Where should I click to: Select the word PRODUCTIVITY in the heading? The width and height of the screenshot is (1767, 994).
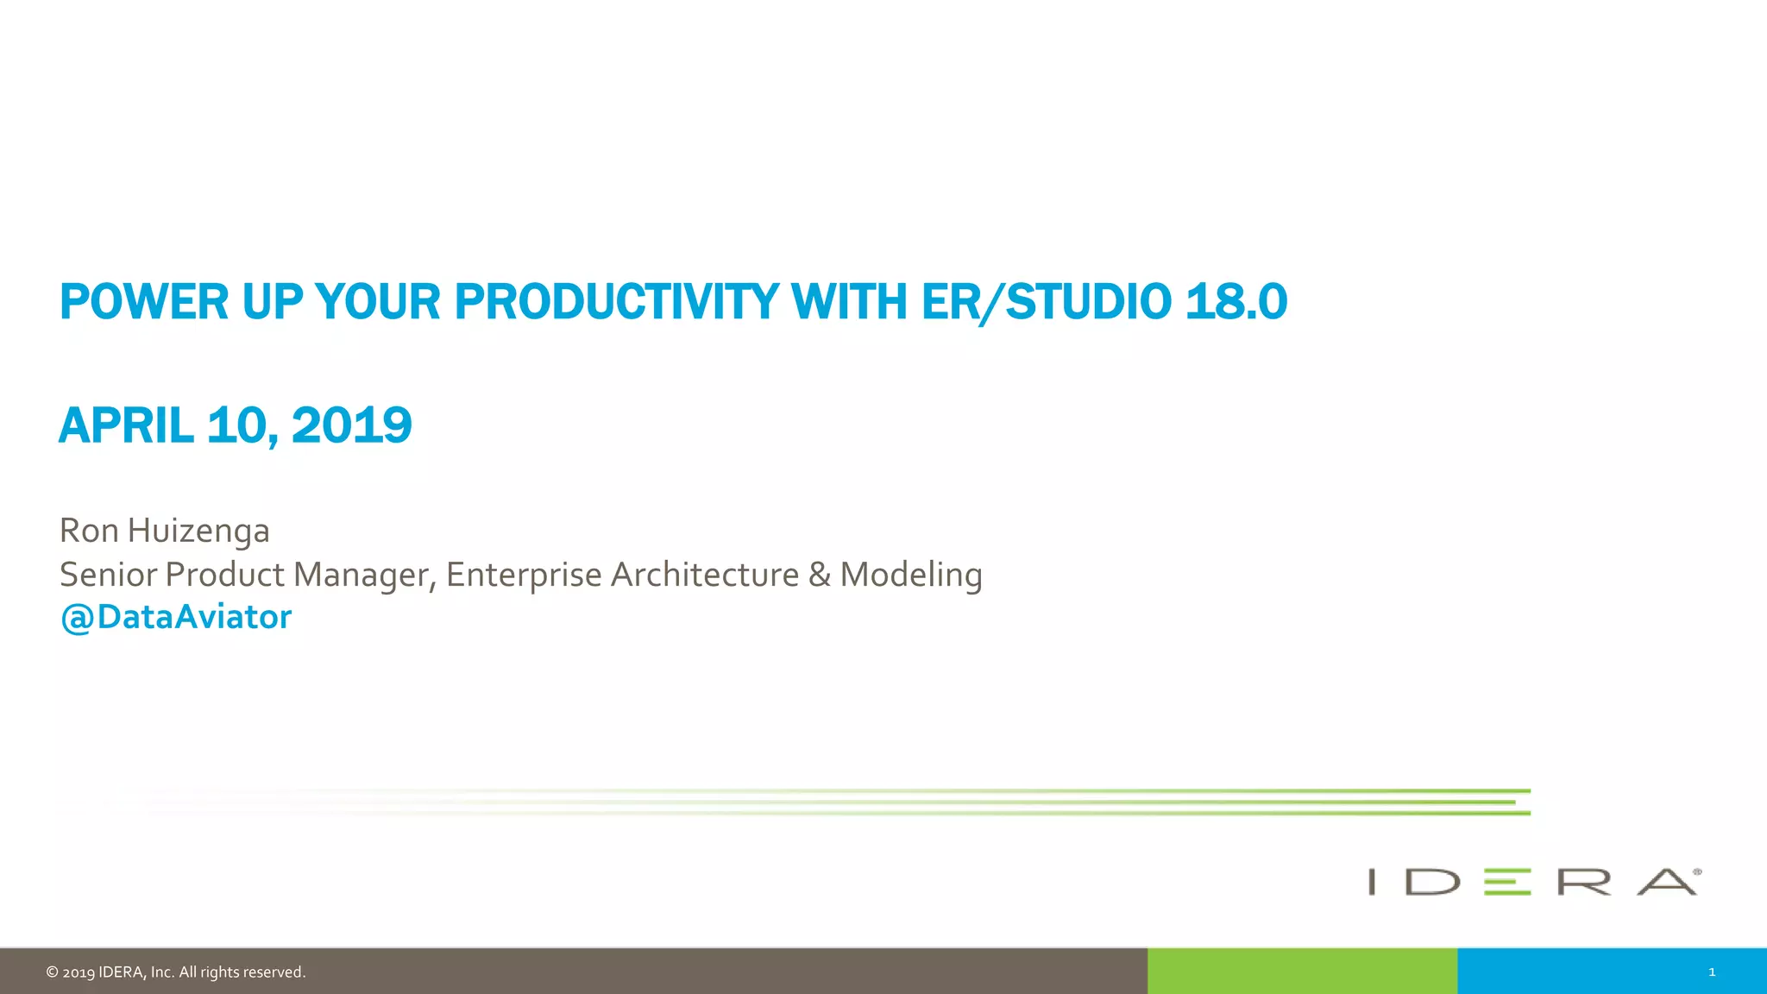point(616,302)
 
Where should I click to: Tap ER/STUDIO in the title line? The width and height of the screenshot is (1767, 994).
point(1046,302)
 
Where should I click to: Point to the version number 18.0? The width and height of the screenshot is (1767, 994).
point(1236,302)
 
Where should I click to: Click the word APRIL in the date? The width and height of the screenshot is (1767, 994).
point(126,425)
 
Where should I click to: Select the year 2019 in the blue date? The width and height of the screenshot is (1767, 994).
point(351,425)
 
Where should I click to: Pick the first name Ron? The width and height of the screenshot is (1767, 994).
point(89,531)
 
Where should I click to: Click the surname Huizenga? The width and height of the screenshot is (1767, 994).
point(198,531)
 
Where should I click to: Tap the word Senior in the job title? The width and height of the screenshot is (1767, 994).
point(108,575)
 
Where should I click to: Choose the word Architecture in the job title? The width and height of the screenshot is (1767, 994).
point(704,575)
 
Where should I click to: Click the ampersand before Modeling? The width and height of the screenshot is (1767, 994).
point(820,575)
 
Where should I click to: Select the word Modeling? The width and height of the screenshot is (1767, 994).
point(911,575)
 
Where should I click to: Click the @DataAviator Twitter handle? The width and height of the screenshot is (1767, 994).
point(176,618)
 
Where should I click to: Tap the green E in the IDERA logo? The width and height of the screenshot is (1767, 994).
point(1506,882)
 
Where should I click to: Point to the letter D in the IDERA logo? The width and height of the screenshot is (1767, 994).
point(1432,882)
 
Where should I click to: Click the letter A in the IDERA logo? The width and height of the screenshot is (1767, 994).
point(1667,882)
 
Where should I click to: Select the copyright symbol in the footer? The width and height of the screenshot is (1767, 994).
point(52,972)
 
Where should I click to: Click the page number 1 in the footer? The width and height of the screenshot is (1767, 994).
point(1712,972)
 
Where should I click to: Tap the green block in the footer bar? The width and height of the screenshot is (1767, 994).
point(1302,972)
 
